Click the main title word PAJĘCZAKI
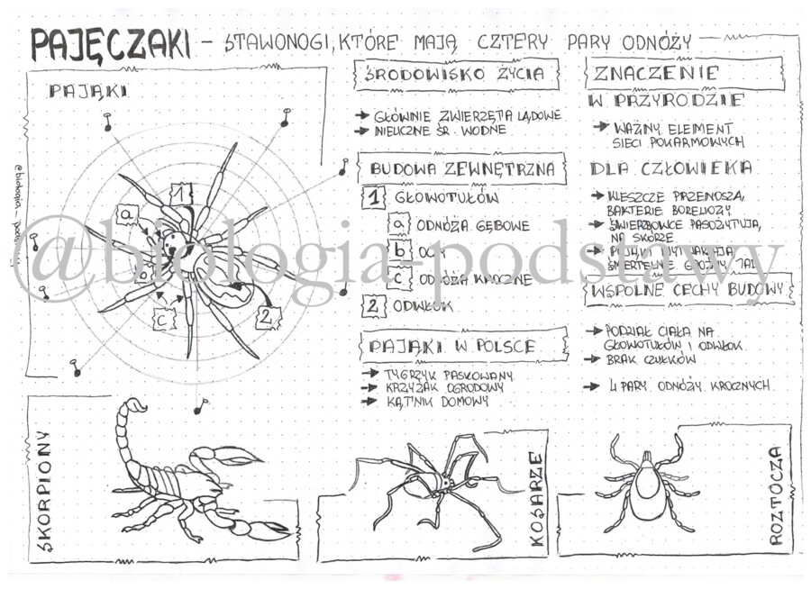pyautogui.click(x=110, y=44)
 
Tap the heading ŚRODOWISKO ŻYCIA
pyautogui.click(x=456, y=74)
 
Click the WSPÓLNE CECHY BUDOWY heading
pyautogui.click(x=690, y=292)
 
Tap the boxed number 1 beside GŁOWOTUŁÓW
pyautogui.click(x=372, y=197)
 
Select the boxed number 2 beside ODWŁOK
pyautogui.click(x=372, y=305)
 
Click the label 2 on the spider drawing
pyautogui.click(x=267, y=316)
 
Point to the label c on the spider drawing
pyautogui.click(x=162, y=318)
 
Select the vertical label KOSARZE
pyautogui.click(x=535, y=500)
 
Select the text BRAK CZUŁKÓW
pyautogui.click(x=641, y=358)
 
